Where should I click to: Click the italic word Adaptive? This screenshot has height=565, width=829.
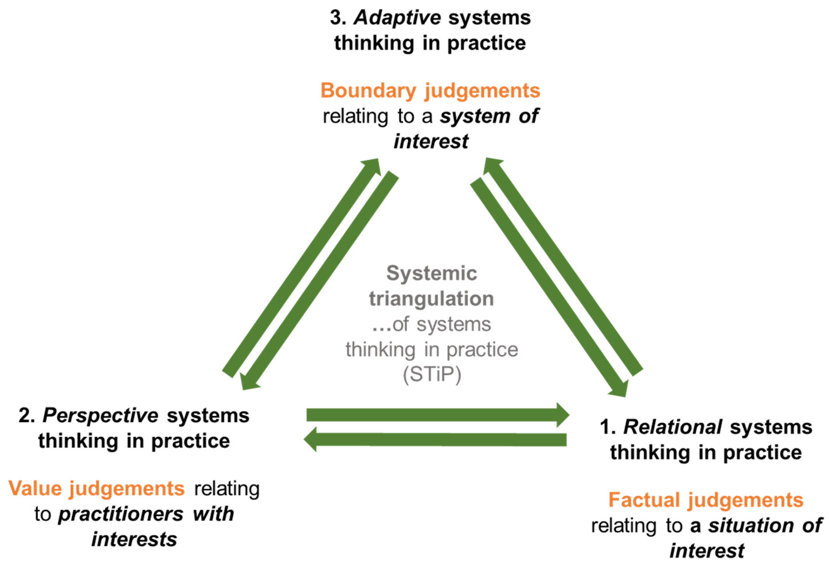pyautogui.click(x=397, y=18)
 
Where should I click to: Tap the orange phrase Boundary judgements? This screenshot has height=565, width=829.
pyautogui.click(x=430, y=91)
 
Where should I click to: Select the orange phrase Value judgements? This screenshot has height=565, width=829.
pyautogui.click(x=96, y=488)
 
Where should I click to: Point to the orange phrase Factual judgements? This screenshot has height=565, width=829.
pyautogui.click(x=706, y=500)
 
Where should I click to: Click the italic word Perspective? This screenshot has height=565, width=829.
pyautogui.click(x=100, y=416)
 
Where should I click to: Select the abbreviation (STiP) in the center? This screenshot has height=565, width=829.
pyautogui.click(x=432, y=374)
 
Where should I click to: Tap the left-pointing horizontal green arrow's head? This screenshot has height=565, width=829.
pyautogui.click(x=311, y=440)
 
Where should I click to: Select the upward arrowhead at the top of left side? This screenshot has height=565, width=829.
pyautogui.click(x=372, y=166)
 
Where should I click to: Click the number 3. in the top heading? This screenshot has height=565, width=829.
pyautogui.click(x=338, y=18)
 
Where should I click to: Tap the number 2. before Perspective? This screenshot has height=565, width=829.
pyautogui.click(x=26, y=416)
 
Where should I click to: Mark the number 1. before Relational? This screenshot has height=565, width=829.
pyautogui.click(x=607, y=427)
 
